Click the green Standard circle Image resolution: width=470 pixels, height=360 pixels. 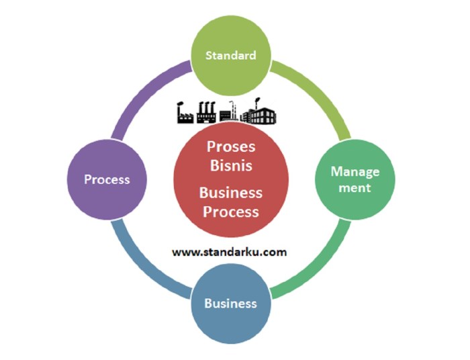pyautogui.click(x=231, y=55)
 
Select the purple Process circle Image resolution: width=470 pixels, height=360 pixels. pyautogui.click(x=106, y=180)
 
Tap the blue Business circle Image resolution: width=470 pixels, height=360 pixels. pyautogui.click(x=230, y=304)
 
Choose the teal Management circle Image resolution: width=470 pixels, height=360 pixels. pyautogui.click(x=355, y=179)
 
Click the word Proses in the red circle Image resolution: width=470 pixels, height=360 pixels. pyautogui.click(x=231, y=146)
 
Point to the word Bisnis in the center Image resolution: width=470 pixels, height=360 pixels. pyautogui.click(x=231, y=163)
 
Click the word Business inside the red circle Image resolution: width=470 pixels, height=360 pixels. pyautogui.click(x=231, y=193)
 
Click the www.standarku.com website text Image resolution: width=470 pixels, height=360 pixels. pyautogui.click(x=230, y=253)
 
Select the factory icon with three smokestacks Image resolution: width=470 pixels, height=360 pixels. pyautogui.click(x=206, y=114)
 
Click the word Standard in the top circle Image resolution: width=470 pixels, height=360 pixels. pyautogui.click(x=231, y=55)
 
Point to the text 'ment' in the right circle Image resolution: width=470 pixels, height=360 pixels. pyautogui.click(x=355, y=188)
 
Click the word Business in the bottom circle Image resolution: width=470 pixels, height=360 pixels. pyautogui.click(x=230, y=304)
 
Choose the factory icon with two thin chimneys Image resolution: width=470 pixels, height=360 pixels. pyautogui.click(x=230, y=113)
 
